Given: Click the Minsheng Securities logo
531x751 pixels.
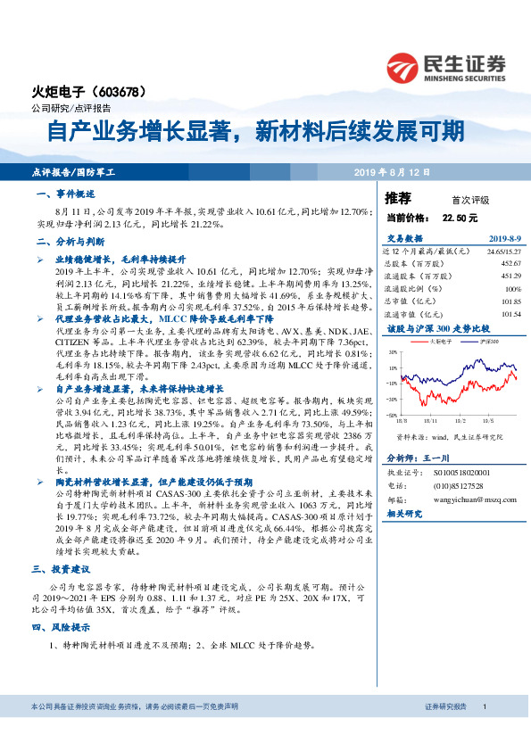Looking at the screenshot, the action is pos(445,65).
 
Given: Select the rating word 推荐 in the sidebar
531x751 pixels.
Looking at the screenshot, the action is pos(398,198).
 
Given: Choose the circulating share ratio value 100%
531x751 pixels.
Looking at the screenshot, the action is pos(511,289).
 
